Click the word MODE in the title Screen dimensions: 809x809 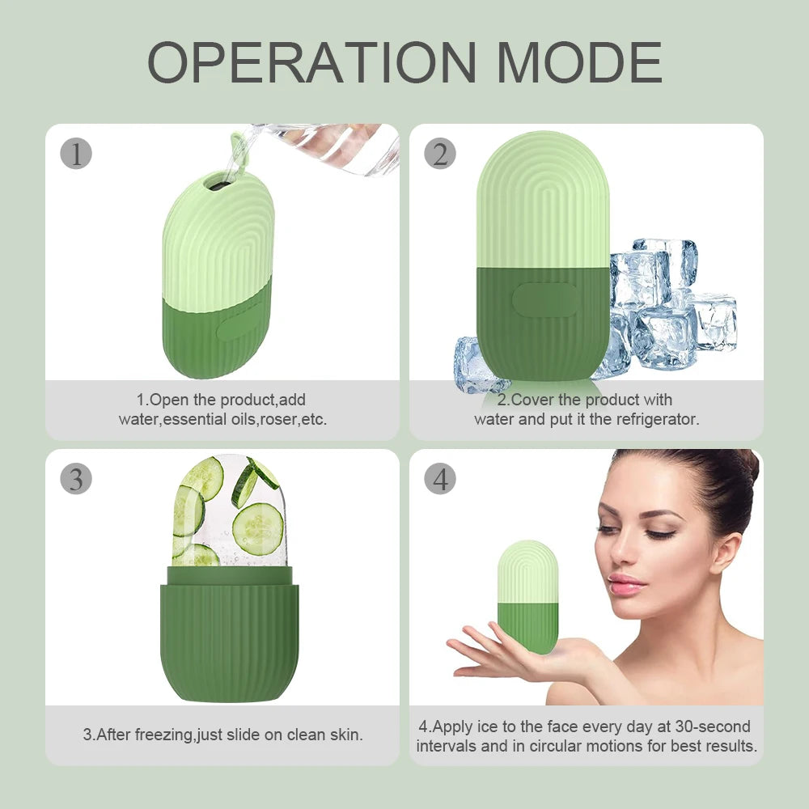[x=579, y=62]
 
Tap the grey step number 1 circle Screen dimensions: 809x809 [x=76, y=154]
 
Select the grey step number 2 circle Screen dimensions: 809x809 [x=439, y=154]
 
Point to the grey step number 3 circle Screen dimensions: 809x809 [x=76, y=479]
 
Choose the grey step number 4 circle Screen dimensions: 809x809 [x=439, y=479]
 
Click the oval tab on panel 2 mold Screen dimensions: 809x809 [x=544, y=299]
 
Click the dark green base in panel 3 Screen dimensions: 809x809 [x=229, y=639]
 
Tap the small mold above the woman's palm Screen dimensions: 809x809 [x=527, y=595]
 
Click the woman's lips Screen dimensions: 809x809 [x=625, y=583]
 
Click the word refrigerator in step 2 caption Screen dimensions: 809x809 [x=657, y=419]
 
